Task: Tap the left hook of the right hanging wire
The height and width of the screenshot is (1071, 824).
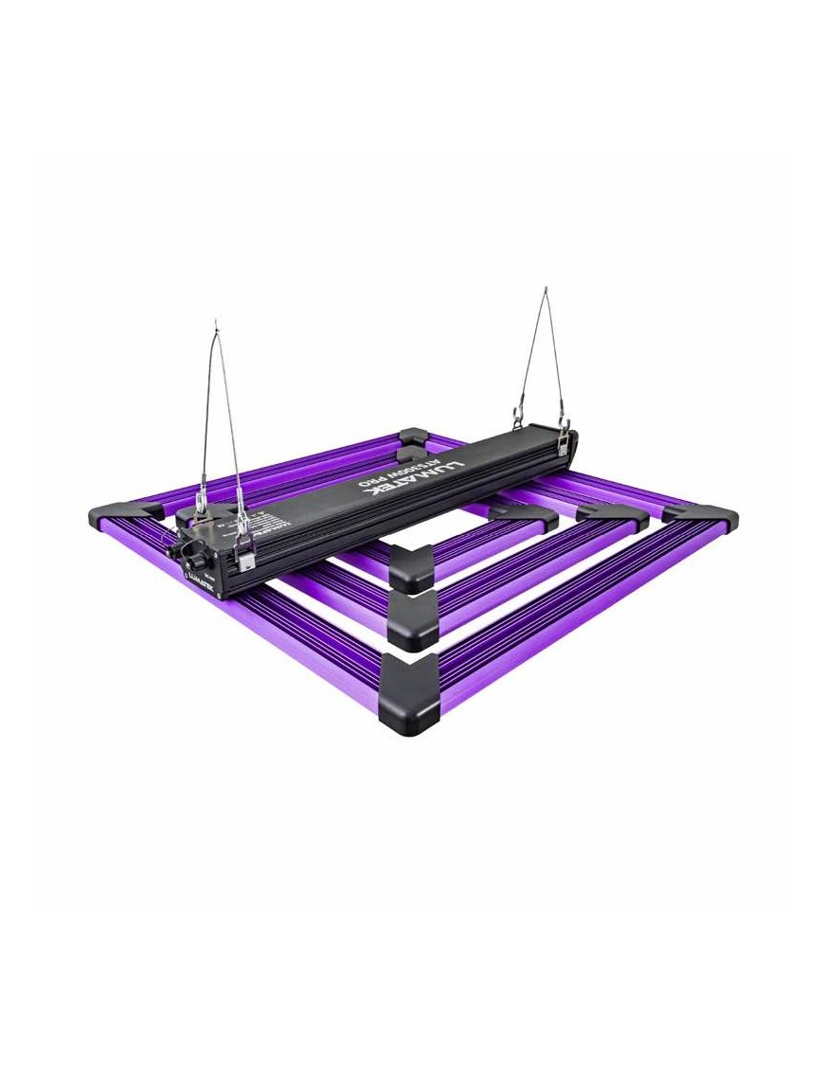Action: tap(519, 415)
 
